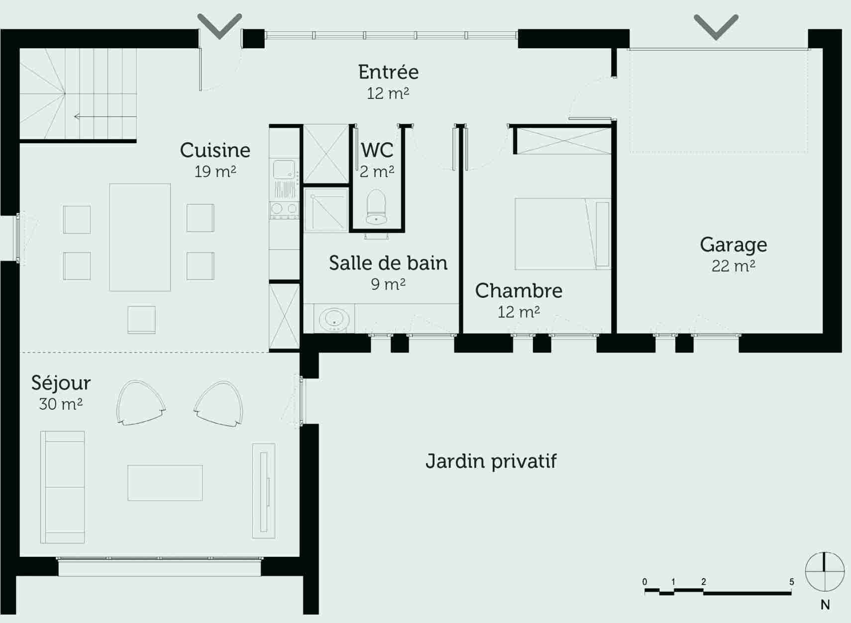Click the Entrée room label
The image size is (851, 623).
(388, 73)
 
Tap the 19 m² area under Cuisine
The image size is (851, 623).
(215, 172)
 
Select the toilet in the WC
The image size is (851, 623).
(376, 206)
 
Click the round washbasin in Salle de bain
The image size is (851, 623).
(334, 319)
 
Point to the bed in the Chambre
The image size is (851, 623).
(562, 234)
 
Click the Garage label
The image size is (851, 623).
(733, 245)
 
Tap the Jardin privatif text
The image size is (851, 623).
(491, 461)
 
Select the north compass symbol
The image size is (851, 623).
(825, 571)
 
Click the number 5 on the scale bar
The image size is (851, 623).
(791, 582)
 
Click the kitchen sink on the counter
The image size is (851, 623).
(284, 169)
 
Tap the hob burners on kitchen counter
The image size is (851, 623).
(284, 209)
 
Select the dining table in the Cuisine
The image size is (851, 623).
(140, 237)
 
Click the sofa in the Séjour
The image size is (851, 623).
(62, 487)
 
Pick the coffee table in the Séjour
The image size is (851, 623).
(165, 483)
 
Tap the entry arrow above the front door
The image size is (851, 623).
(219, 25)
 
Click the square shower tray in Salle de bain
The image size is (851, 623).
(326, 209)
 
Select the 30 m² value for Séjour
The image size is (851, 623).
(60, 404)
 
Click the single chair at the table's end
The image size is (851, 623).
(141, 319)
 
